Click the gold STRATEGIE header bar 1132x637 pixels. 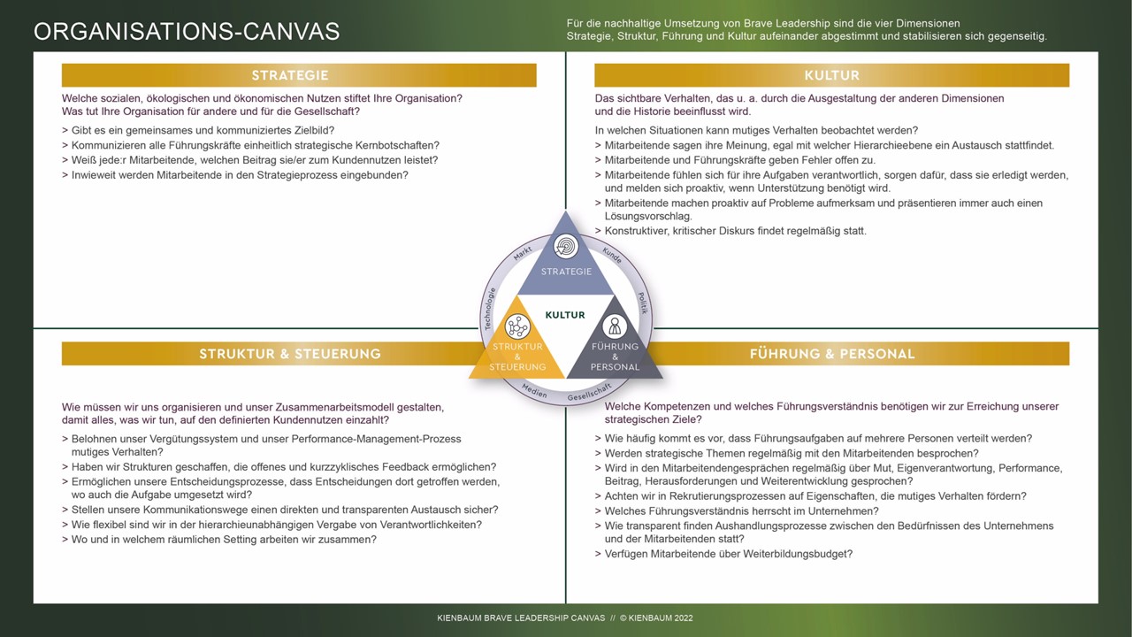[x=299, y=75]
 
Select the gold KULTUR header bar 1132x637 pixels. [x=831, y=75]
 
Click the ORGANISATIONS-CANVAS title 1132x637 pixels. [x=187, y=31]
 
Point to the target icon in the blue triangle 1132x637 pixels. [x=566, y=246]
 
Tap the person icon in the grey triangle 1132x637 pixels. [x=615, y=326]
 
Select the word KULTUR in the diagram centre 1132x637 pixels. [x=565, y=314]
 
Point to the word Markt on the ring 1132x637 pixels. [x=523, y=255]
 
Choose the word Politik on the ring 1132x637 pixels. [x=643, y=304]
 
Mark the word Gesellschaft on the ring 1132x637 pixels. [x=589, y=392]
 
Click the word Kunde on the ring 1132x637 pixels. [x=611, y=256]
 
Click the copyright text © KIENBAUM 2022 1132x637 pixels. [x=655, y=618]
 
